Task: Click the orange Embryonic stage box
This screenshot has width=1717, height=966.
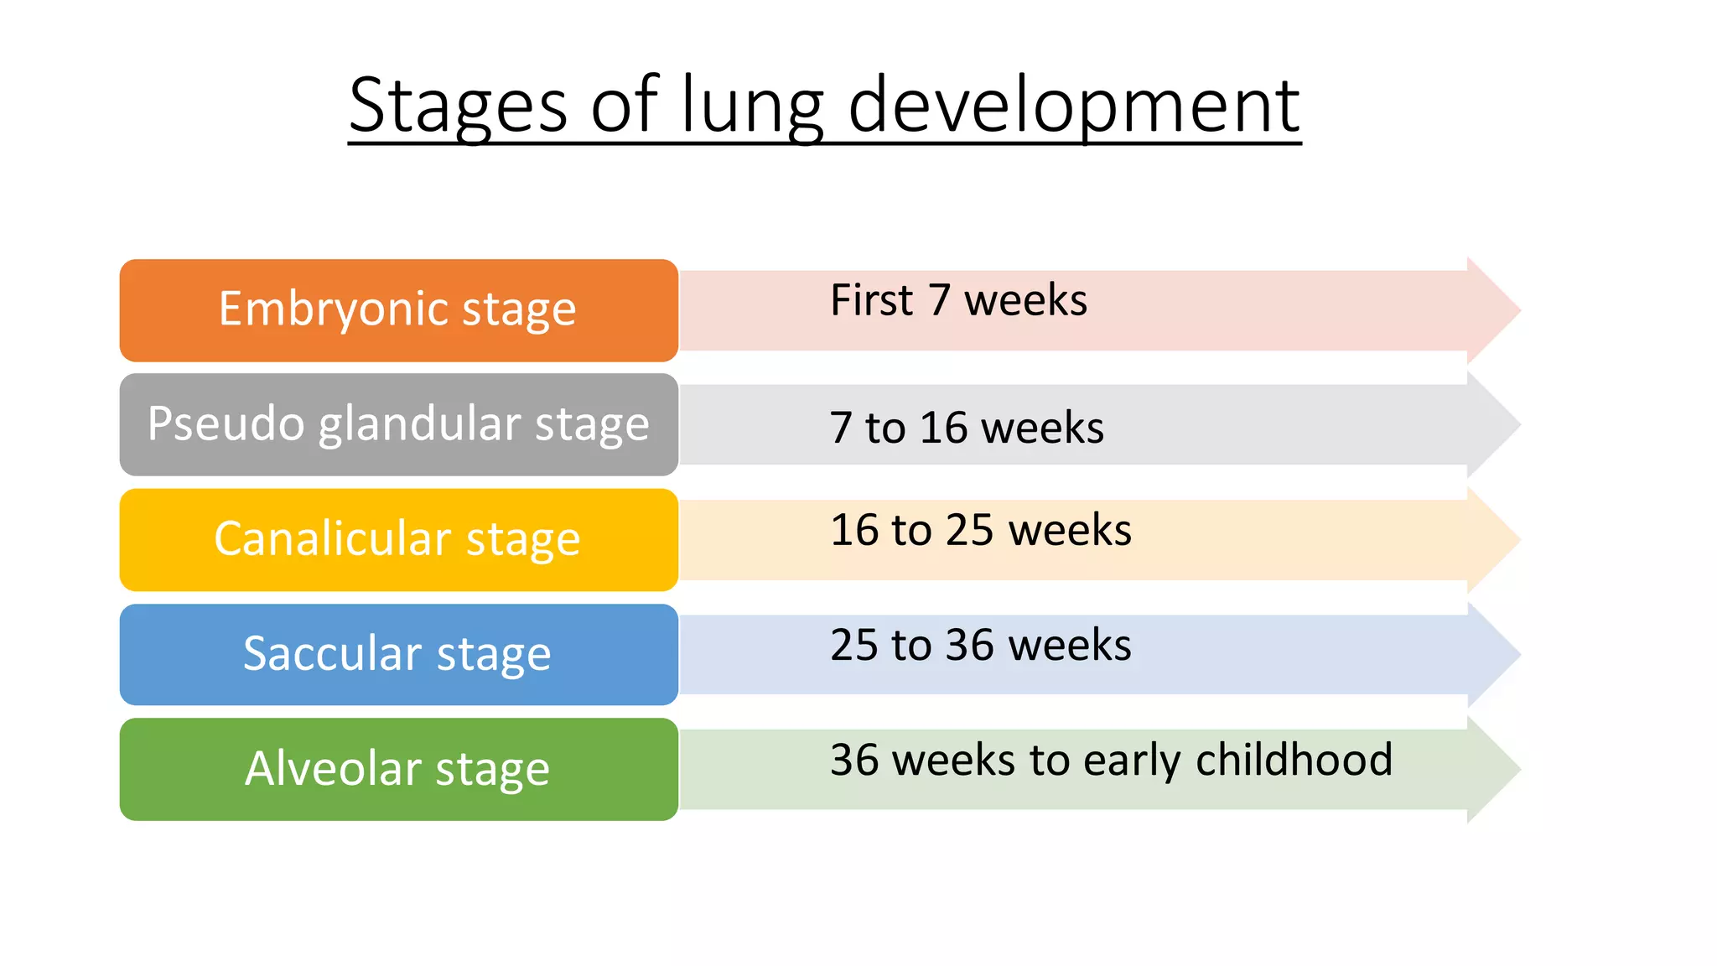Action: click(x=398, y=310)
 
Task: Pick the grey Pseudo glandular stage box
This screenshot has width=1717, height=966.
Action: click(x=398, y=424)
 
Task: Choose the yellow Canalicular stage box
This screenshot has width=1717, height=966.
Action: click(x=398, y=539)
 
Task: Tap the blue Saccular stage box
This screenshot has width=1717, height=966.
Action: click(x=398, y=654)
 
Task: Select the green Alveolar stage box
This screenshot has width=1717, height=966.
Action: click(x=398, y=769)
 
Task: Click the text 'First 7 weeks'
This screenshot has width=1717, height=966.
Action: click(x=958, y=300)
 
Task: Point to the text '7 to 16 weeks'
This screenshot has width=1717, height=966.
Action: click(x=966, y=428)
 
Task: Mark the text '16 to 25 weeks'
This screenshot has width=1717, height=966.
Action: click(x=980, y=530)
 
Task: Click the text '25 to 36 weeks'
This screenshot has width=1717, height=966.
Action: click(x=980, y=645)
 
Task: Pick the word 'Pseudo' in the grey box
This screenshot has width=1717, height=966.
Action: click(x=226, y=423)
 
